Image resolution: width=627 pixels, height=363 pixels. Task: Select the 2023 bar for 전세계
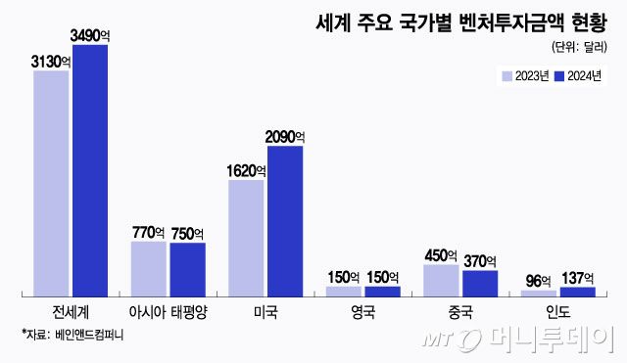coord(51,183)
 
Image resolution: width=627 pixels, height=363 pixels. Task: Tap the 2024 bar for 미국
coord(284,220)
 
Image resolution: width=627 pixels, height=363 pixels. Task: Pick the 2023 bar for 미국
coord(246,238)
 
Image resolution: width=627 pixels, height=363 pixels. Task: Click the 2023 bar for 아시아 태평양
coord(149,268)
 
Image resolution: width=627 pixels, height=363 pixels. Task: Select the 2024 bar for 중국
coord(479,283)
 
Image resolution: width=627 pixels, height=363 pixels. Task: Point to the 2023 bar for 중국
coord(441,280)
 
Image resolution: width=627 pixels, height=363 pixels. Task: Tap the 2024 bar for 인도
coord(577,291)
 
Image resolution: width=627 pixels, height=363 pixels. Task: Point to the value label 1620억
coord(247,170)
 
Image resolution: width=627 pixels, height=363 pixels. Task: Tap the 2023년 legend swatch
coord(506,76)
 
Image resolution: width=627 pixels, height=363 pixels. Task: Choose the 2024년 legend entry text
coord(585,76)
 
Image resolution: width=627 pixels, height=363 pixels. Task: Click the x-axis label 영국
coord(362,313)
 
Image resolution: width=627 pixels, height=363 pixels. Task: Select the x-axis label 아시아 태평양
coord(168,313)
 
